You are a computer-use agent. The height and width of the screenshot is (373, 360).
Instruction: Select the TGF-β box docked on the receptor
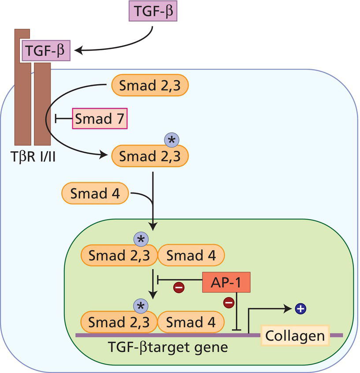click(x=48, y=51)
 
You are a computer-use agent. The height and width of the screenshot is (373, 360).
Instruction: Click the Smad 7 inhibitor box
click(x=100, y=118)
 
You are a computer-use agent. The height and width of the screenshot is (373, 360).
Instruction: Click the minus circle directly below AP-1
click(x=229, y=303)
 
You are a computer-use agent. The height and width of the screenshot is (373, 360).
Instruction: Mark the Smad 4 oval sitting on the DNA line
click(x=191, y=322)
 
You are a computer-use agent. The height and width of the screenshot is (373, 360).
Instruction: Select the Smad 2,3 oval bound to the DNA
click(x=119, y=322)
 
